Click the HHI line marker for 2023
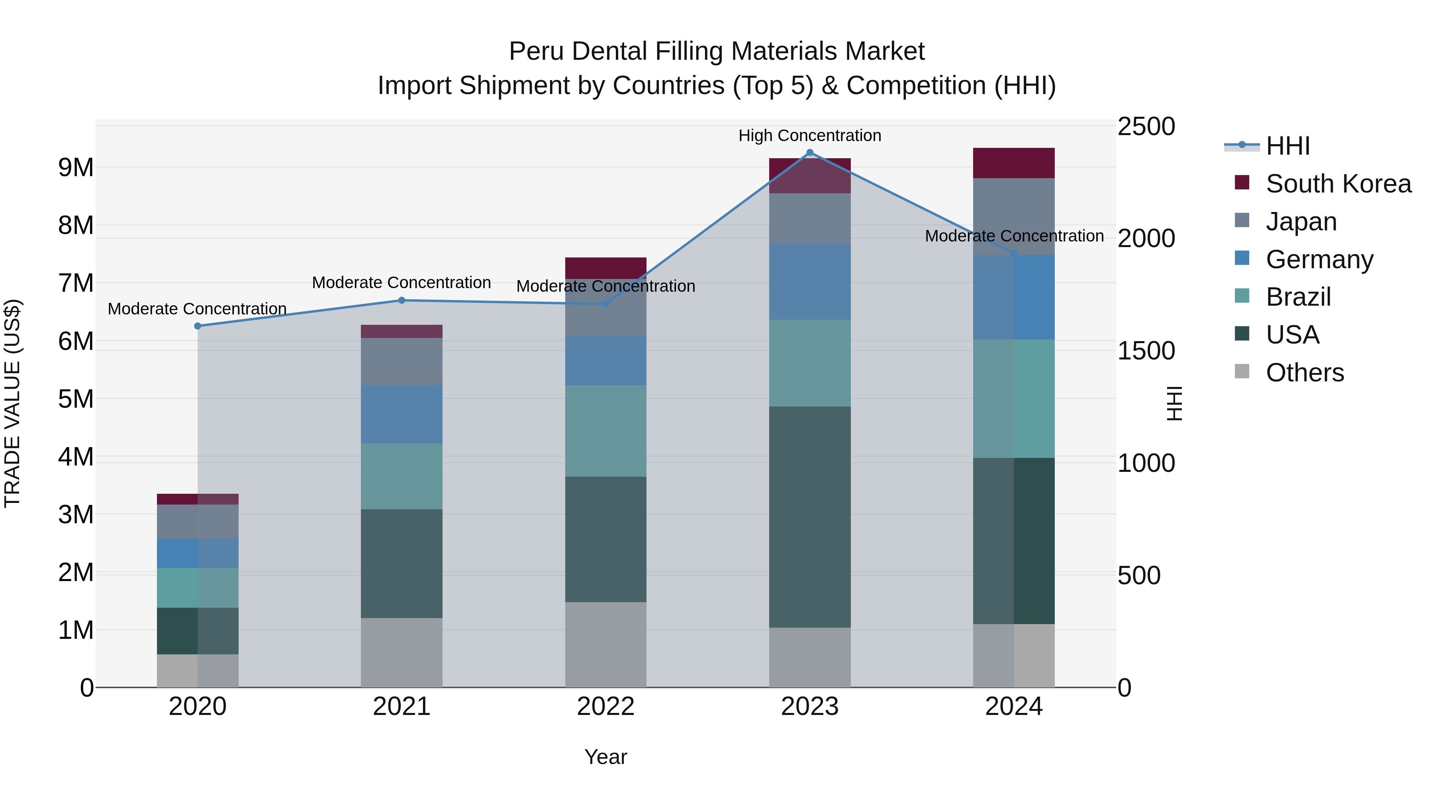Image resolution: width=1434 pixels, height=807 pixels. [x=810, y=153]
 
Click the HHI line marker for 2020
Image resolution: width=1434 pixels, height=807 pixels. [x=198, y=326]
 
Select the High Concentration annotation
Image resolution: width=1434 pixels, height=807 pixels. [x=809, y=135]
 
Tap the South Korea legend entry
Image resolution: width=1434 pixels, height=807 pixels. [x=1338, y=184]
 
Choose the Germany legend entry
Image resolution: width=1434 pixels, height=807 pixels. [x=1319, y=259]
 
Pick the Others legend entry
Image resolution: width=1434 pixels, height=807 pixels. [x=1304, y=373]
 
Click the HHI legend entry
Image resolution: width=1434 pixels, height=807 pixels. [x=1287, y=146]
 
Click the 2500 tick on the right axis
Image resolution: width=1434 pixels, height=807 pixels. [x=1146, y=126]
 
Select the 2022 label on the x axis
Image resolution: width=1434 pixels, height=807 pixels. [x=605, y=707]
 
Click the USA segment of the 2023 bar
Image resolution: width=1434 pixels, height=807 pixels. [x=810, y=517]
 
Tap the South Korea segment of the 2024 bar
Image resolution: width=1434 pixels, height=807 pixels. [x=1014, y=163]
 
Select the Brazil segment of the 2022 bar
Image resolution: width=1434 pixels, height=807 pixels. [x=605, y=431]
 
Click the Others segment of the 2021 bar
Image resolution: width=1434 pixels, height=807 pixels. [x=402, y=653]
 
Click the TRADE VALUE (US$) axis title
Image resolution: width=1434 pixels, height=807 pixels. [x=12, y=403]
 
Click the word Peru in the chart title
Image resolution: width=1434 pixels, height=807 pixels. [x=535, y=51]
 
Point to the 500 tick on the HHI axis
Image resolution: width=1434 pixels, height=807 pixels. [x=1139, y=575]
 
